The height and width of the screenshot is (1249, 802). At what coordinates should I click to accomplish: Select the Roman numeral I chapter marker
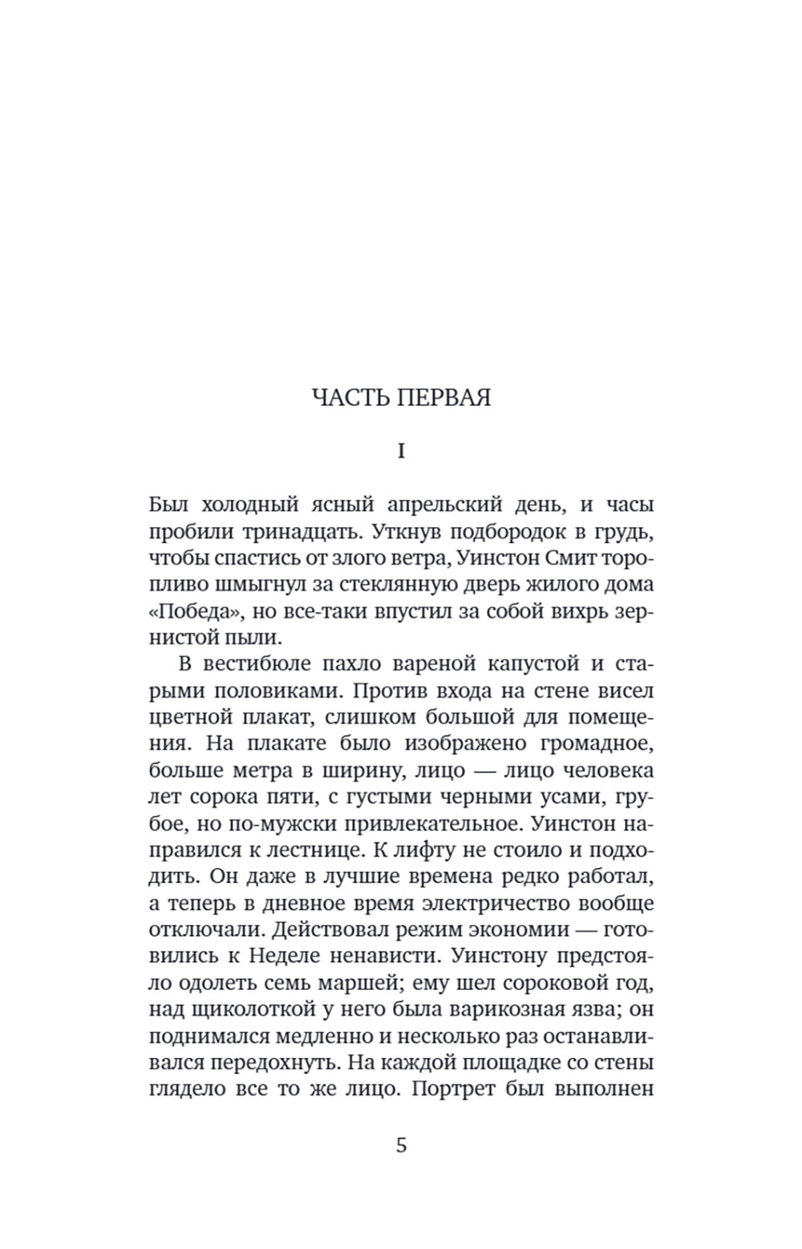tap(401, 452)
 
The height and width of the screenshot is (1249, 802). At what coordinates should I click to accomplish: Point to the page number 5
tap(401, 1145)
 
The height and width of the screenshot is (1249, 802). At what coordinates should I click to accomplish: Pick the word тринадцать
tap(298, 532)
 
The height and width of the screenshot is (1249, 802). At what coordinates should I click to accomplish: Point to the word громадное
tap(597, 744)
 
